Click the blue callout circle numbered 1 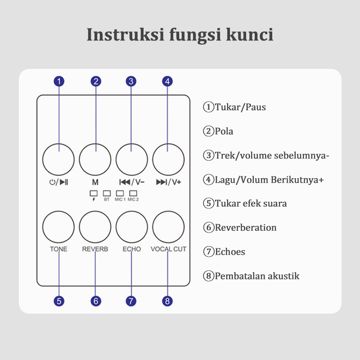coord(59,81)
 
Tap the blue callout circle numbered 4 coord(167,81)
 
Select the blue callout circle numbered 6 coord(95,301)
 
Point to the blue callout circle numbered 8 coord(167,301)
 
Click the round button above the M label coord(95,159)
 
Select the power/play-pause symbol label coord(58,182)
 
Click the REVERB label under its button coord(95,249)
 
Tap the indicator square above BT coord(107,193)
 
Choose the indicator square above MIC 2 coord(133,193)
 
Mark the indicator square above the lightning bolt coord(94,193)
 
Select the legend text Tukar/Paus coord(240,108)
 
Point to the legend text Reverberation coord(245,228)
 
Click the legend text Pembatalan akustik coord(256,276)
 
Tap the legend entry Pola coord(224,131)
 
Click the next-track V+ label coord(168,182)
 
